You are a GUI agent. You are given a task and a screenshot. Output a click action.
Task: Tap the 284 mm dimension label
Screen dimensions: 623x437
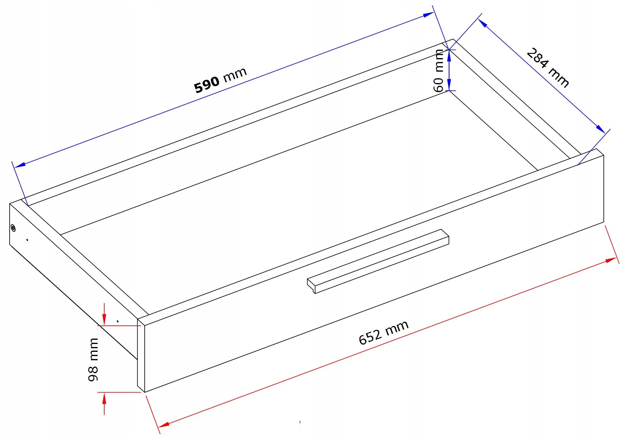click(548, 68)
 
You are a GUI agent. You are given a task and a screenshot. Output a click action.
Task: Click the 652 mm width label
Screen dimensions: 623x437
click(384, 332)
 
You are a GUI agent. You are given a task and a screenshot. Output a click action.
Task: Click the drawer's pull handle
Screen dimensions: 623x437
click(378, 261)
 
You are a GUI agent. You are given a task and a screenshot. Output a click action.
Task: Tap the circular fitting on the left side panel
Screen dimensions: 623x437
click(13, 228)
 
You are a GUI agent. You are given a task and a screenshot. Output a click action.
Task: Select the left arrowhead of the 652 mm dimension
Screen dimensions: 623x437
click(163, 425)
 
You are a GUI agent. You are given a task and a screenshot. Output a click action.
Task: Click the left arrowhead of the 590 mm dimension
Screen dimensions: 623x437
click(20, 165)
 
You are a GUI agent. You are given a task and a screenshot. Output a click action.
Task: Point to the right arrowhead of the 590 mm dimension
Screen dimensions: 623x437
click(428, 14)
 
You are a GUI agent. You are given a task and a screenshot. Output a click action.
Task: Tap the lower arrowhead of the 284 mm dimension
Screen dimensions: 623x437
click(601, 129)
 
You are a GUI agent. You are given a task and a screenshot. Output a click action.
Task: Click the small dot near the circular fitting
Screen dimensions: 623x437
click(27, 240)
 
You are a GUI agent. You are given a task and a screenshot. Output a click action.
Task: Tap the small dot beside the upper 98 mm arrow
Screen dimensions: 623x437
click(117, 321)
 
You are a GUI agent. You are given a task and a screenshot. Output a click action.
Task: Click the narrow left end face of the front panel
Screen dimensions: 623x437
click(141, 355)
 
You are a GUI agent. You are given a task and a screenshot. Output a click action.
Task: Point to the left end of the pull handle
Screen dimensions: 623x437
click(311, 286)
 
